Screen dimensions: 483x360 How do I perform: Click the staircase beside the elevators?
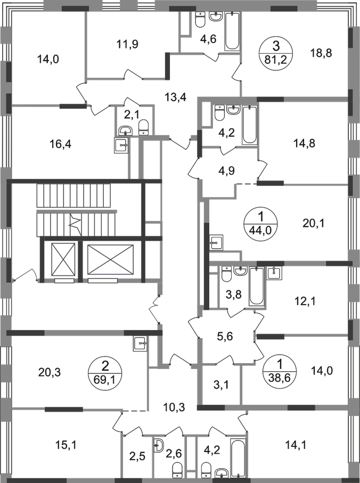[75, 210]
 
